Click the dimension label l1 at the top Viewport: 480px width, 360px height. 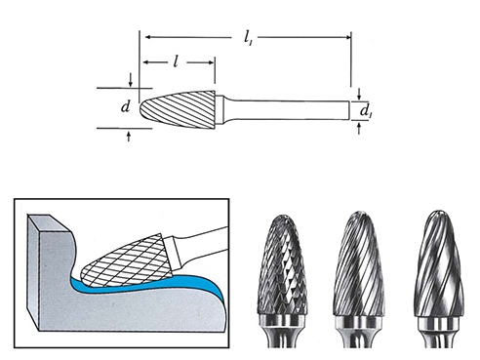248,37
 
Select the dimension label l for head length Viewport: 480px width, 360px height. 176,61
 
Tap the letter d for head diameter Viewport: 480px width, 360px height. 126,106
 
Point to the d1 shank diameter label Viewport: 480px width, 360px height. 366,111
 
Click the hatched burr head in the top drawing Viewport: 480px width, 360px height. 178,109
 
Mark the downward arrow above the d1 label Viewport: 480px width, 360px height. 359,94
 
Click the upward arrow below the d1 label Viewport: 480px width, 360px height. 359,128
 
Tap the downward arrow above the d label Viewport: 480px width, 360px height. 131,80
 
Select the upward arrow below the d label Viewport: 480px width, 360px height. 129,137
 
